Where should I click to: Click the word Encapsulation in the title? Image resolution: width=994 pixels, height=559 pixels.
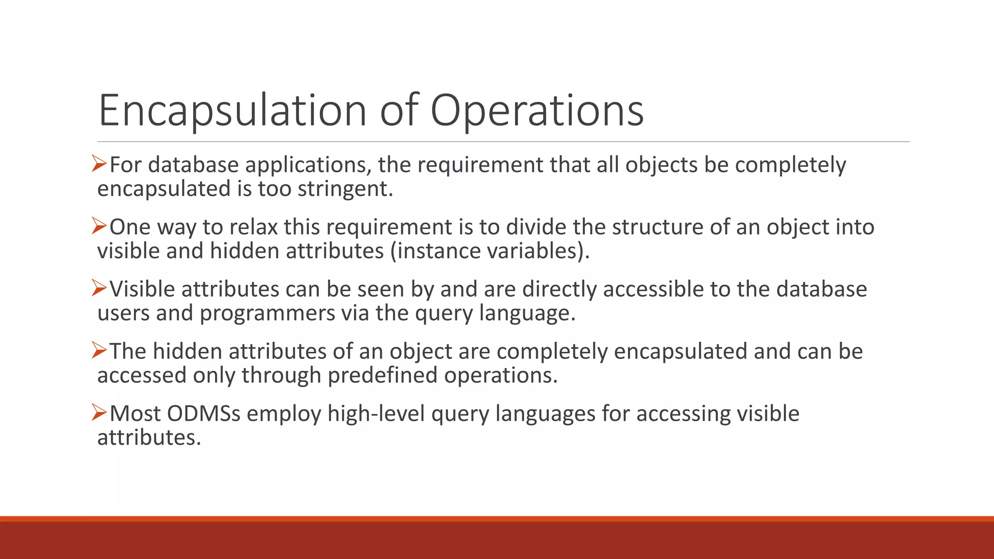coord(232,111)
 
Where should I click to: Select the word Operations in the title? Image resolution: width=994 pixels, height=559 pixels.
coord(537,111)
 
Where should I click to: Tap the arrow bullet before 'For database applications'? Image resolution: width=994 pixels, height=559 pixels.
coord(99,164)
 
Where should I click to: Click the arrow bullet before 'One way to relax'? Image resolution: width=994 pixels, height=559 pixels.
coord(99,226)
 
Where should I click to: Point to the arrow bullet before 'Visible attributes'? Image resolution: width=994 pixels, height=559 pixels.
coord(99,288)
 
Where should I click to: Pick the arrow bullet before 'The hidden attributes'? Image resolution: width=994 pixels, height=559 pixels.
coord(99,350)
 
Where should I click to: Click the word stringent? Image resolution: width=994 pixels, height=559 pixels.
coord(345,189)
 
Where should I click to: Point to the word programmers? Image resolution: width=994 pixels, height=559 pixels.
coord(267,313)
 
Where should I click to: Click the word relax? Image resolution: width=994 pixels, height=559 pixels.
coord(253,227)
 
